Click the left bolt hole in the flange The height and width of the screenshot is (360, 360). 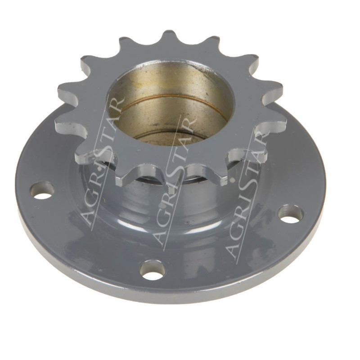point(42,190)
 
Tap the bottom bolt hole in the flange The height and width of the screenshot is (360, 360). point(153,270)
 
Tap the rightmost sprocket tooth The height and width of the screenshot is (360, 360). point(275,120)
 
